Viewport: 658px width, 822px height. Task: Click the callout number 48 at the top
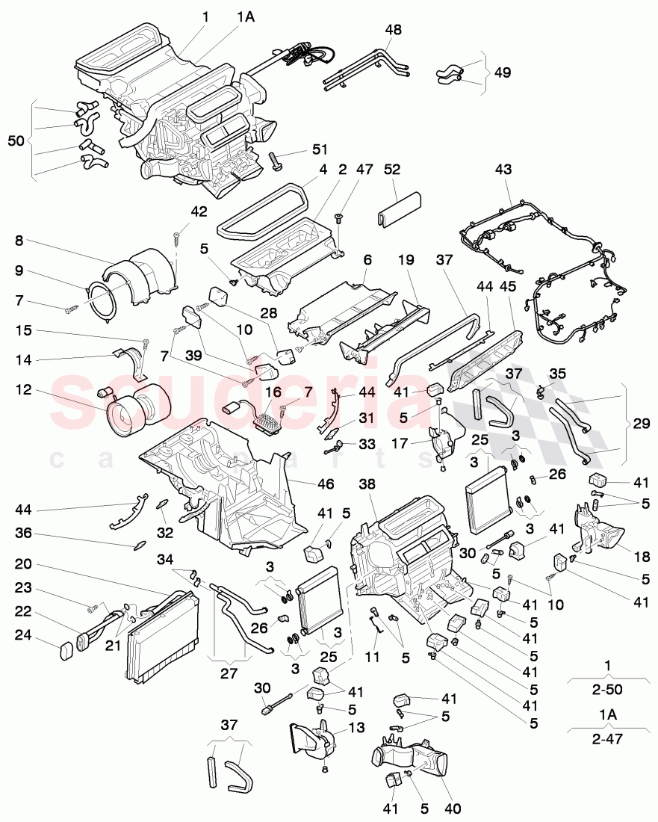[393, 31]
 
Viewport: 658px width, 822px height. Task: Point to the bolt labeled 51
[276, 160]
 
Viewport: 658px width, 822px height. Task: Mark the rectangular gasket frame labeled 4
[261, 210]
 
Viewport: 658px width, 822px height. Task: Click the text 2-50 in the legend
[606, 690]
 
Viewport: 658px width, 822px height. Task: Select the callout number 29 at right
[640, 424]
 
